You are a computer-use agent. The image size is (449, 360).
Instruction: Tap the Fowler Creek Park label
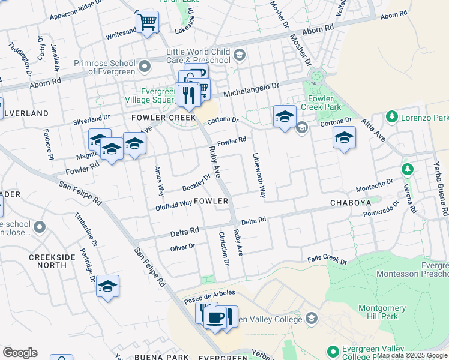(x=324, y=102)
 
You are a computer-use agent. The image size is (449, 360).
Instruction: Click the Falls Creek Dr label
(x=327, y=259)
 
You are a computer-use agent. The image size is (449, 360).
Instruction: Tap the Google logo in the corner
(x=20, y=352)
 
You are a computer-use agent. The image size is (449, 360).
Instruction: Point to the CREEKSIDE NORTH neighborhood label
(x=48, y=260)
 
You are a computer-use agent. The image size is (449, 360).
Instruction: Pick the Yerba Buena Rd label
(x=441, y=182)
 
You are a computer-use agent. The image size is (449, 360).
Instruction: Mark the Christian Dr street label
(x=224, y=248)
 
